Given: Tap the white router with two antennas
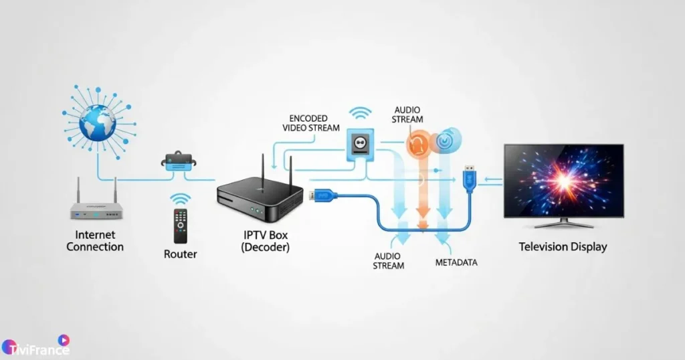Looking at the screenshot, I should pos(98,208).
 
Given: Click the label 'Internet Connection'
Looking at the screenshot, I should pos(95,241).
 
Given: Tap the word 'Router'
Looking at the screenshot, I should pos(181,254).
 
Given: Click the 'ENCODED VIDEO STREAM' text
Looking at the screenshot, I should pos(310,123).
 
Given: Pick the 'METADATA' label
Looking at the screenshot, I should pos(456,262).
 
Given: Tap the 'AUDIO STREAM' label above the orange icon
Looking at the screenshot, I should pos(408,114).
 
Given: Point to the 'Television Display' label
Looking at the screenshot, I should pos(563,247).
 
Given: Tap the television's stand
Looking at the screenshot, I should pos(563,223).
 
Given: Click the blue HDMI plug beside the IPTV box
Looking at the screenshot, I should pos(323,196).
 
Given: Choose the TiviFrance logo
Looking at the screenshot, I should pos(36,347).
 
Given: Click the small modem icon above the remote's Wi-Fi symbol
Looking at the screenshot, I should pos(179,162).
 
